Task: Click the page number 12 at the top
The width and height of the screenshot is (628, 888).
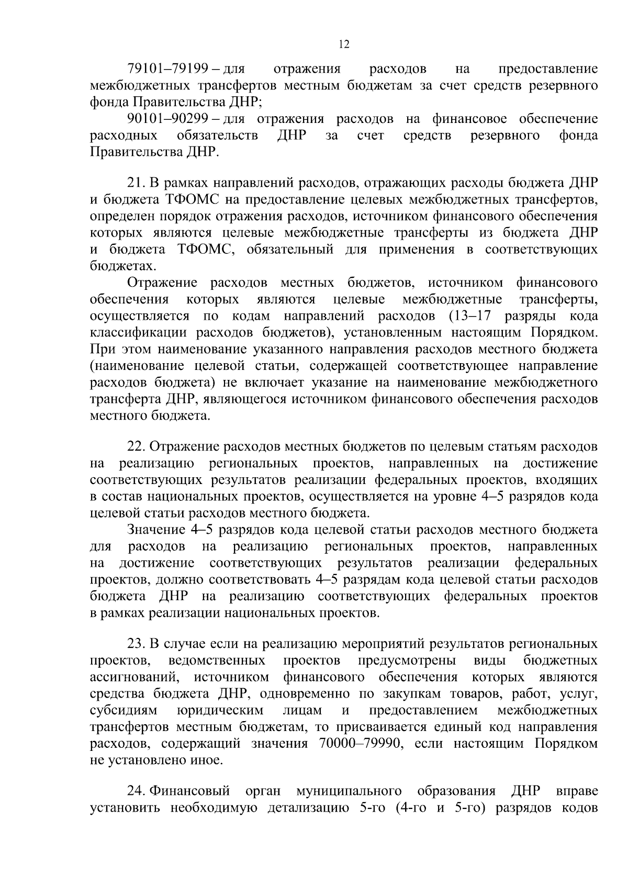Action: click(x=344, y=44)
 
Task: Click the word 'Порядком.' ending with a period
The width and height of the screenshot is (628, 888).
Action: click(x=564, y=333)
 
